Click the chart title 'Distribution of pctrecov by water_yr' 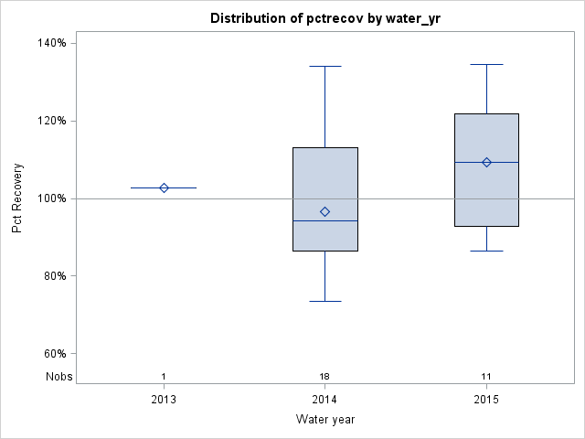[x=324, y=18]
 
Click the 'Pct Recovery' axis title [x=18, y=198]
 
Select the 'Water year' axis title [x=324, y=420]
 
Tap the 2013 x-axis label [x=164, y=400]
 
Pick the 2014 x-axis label [x=324, y=400]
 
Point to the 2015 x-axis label [x=486, y=400]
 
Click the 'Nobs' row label [x=58, y=377]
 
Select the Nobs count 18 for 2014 [x=324, y=377]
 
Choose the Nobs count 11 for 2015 [x=486, y=377]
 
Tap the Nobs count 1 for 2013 [x=164, y=377]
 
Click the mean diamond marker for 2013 [x=164, y=187]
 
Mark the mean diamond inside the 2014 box [x=324, y=211]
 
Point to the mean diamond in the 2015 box [x=486, y=162]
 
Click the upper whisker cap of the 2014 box [x=324, y=66]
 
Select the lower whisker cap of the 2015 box [x=486, y=251]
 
